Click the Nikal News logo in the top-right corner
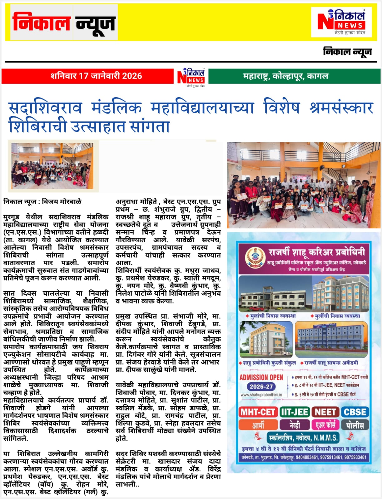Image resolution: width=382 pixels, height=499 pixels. click(x=341, y=22)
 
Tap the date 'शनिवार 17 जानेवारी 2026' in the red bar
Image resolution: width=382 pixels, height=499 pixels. click(x=96, y=76)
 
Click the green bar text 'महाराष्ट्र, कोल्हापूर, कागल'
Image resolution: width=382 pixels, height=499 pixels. click(x=285, y=76)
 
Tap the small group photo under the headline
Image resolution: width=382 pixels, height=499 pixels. click(x=52, y=166)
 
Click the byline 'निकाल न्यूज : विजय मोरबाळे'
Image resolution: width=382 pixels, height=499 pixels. click(x=42, y=202)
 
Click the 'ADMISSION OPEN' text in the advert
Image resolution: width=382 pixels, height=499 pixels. click(x=261, y=377)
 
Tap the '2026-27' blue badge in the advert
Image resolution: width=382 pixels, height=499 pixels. click(x=261, y=387)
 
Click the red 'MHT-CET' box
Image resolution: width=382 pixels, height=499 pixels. click(x=258, y=412)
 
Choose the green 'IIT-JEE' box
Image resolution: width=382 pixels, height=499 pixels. click(x=294, y=412)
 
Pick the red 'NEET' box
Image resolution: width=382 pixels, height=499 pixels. click(x=325, y=412)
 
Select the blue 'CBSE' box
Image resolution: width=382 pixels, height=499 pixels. click(x=355, y=412)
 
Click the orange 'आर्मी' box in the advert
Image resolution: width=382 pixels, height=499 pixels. click(x=258, y=425)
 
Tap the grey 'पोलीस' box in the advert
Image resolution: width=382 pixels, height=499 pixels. click(x=355, y=425)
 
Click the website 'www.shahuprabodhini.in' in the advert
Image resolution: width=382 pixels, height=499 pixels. click(x=261, y=395)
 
